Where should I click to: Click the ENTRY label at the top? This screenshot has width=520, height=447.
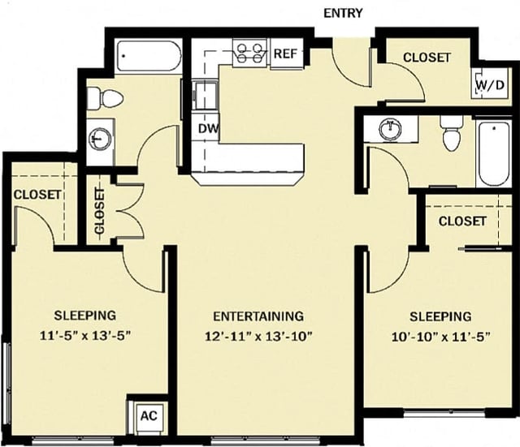click(342, 13)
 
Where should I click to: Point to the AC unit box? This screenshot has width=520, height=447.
click(149, 415)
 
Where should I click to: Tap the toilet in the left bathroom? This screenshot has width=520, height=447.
click(105, 98)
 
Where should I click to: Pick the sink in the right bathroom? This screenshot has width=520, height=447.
click(392, 127)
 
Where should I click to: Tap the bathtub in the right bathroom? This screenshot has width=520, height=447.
click(492, 153)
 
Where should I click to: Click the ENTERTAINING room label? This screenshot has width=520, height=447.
click(258, 316)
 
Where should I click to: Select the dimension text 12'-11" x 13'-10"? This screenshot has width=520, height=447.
click(258, 335)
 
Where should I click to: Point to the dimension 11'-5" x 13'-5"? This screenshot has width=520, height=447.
click(85, 334)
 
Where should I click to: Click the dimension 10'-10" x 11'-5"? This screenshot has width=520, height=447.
click(440, 335)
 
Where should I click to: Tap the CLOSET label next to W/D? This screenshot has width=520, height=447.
click(427, 58)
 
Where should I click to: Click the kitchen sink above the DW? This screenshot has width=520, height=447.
click(206, 95)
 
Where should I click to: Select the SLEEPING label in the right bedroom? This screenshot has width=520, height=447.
click(440, 316)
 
